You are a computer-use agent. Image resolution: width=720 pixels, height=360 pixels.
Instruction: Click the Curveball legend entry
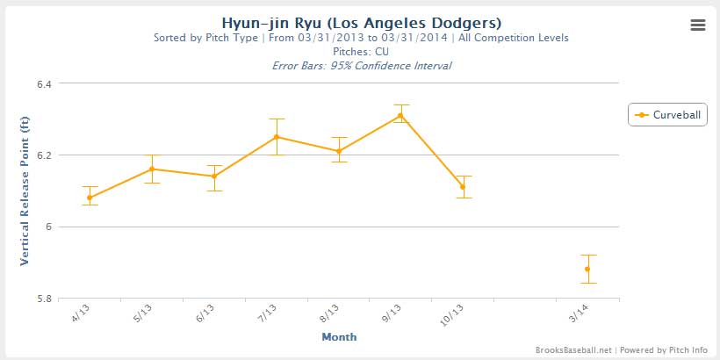pos(668,115)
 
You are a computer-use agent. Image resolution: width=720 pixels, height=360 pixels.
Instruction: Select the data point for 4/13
pos(90,198)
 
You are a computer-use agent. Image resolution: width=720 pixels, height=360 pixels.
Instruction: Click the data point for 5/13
pos(152,169)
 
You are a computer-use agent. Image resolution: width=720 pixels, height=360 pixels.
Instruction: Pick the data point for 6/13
pos(214,176)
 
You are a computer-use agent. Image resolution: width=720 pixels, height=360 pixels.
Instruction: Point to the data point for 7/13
pos(277,137)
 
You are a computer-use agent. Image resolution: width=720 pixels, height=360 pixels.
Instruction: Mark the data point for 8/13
pos(339,151)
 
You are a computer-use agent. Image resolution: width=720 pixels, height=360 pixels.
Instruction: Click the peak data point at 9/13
pos(400,115)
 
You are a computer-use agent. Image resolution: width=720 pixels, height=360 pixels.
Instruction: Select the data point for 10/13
pos(463,187)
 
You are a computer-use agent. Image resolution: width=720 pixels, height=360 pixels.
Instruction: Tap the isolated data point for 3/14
pos(587,269)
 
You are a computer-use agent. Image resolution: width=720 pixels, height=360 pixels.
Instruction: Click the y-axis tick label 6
pos(47,227)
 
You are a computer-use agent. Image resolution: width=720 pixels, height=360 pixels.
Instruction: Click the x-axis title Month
pos(339,336)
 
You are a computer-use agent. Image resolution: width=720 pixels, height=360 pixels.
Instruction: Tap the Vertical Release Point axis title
pos(24,191)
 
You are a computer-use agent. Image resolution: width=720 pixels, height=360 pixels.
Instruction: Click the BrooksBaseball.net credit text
pos(572,349)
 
